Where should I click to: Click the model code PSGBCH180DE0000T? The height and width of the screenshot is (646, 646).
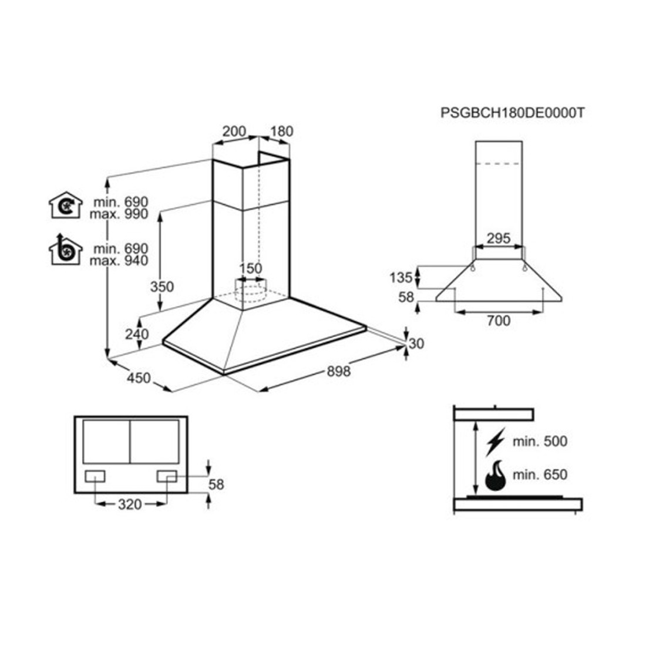[x=512, y=113]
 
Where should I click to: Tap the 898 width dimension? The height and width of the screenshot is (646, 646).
[x=339, y=371]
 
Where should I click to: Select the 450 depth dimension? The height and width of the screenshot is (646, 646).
[x=139, y=378]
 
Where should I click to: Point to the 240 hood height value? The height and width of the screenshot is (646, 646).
[x=137, y=334]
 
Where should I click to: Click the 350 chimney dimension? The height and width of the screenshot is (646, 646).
[x=162, y=287]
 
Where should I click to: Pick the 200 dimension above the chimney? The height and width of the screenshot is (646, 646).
[x=234, y=132]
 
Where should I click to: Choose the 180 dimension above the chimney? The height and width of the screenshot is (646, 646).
[x=282, y=132]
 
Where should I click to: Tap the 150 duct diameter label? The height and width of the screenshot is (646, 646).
[x=251, y=268]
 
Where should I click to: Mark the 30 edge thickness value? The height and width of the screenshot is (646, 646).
[x=416, y=344]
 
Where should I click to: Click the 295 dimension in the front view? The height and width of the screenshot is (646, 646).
[x=499, y=238]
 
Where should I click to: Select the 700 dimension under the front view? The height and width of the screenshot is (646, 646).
[x=499, y=321]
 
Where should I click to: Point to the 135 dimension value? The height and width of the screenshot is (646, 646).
[x=401, y=278]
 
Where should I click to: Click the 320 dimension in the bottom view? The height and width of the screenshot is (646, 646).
[x=130, y=504]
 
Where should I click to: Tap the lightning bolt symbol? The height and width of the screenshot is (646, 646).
[x=495, y=442]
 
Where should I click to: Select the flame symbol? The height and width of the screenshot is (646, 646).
[x=495, y=476]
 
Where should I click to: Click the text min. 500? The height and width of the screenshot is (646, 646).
[x=540, y=442]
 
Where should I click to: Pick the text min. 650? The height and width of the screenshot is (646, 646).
[x=540, y=475]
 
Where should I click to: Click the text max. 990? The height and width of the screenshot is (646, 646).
[x=119, y=214]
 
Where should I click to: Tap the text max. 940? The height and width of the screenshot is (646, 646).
[x=119, y=261]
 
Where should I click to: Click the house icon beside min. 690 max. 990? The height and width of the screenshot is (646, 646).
[x=66, y=205]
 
